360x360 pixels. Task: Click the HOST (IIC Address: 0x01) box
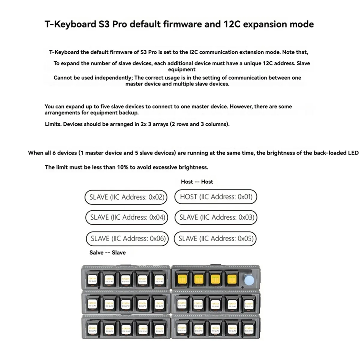(216, 197)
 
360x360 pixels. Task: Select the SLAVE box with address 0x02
(126, 197)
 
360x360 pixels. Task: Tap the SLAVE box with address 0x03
(216, 217)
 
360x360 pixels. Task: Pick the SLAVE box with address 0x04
(127, 217)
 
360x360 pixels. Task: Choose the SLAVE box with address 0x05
(216, 238)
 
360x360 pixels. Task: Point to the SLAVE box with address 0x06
(127, 238)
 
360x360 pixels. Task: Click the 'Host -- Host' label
(197, 182)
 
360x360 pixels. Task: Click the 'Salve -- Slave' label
(107, 253)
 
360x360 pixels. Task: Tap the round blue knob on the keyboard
(249, 281)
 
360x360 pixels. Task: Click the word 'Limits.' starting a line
(53, 124)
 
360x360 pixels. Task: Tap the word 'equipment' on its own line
(182, 70)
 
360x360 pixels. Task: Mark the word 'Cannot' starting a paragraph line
(62, 78)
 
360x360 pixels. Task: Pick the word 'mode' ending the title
(302, 24)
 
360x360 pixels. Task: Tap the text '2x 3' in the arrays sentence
(145, 124)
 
